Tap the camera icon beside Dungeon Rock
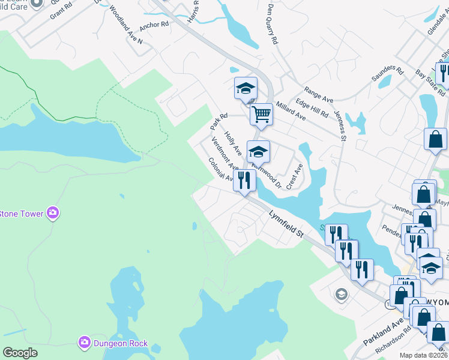85,343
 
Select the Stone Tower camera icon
53,212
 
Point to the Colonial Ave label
220,169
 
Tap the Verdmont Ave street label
225,153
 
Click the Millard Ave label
291,110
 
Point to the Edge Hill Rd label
312,106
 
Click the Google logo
20,353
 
